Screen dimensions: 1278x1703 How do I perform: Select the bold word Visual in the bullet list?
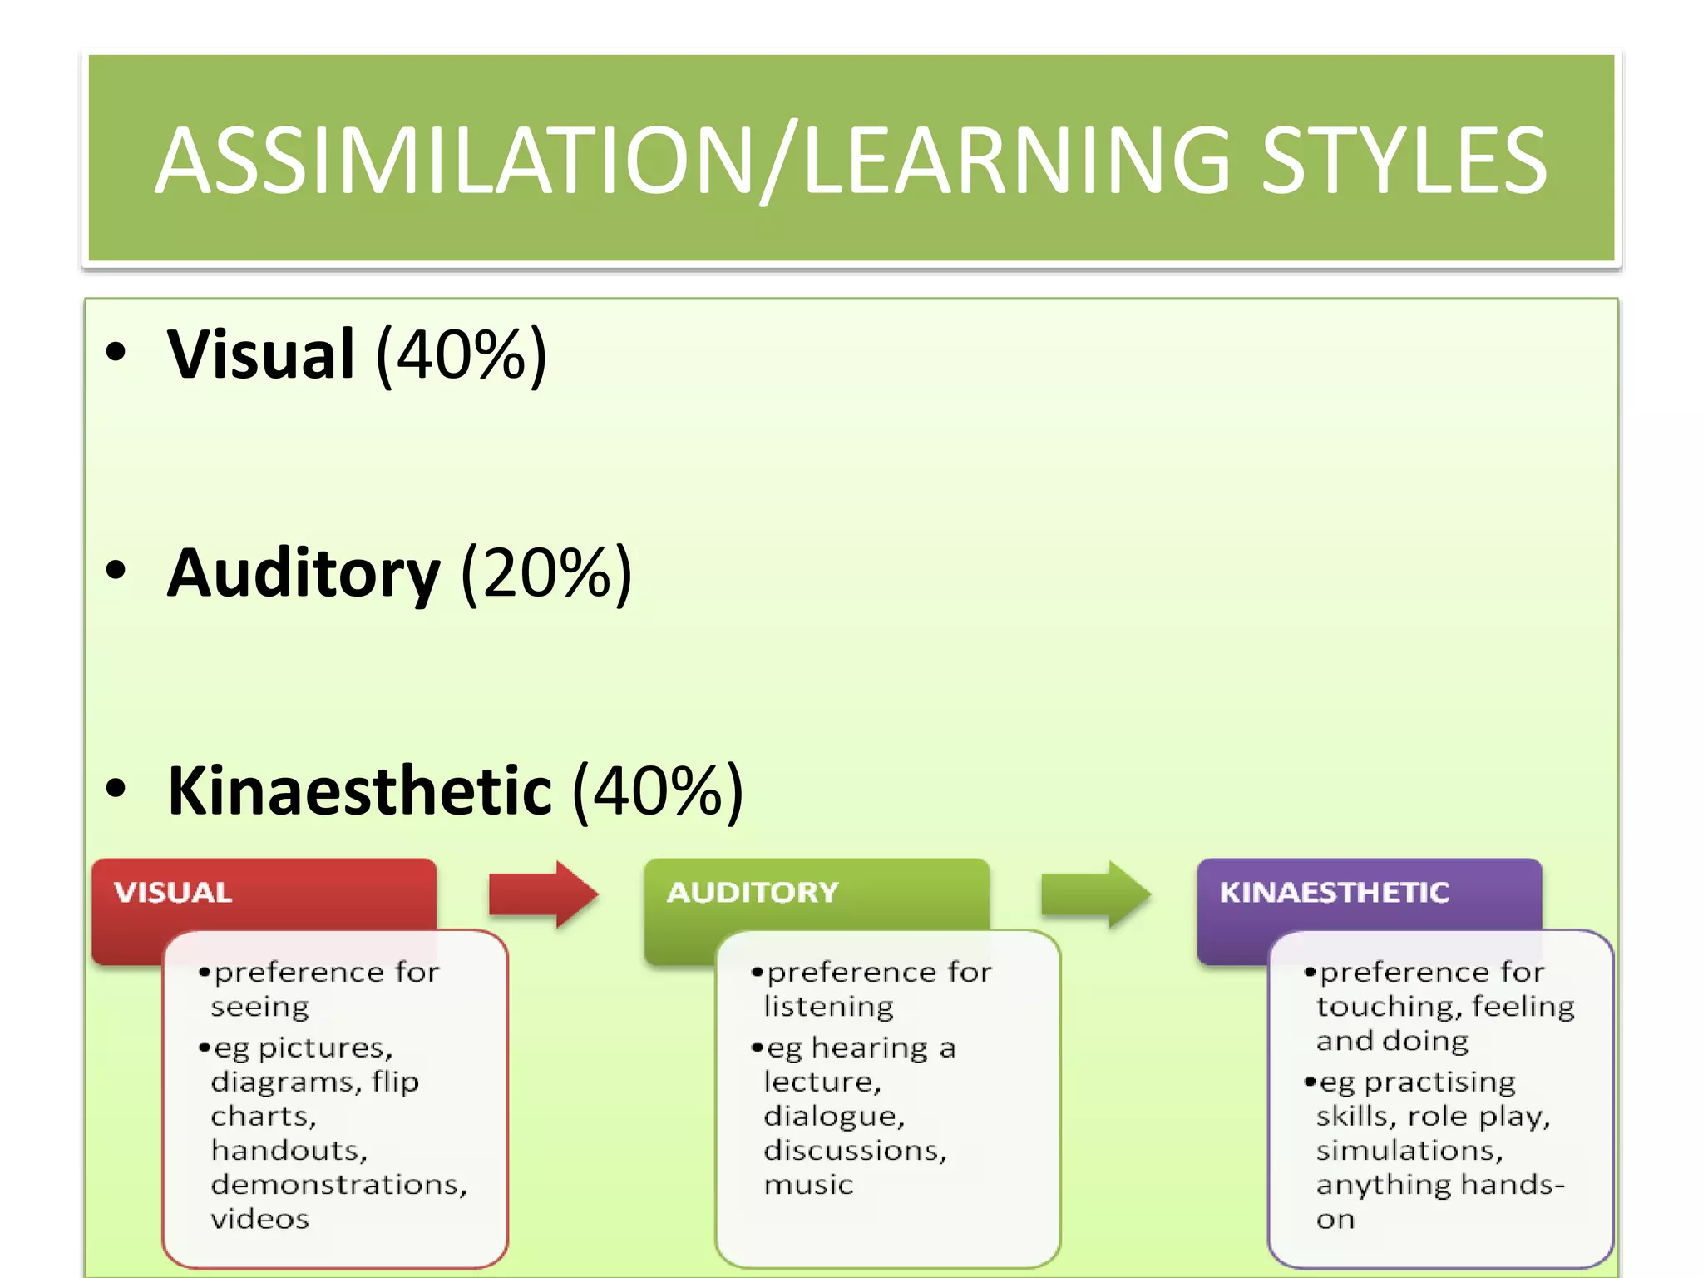click(x=261, y=354)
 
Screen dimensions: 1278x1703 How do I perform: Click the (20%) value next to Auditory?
click(x=546, y=573)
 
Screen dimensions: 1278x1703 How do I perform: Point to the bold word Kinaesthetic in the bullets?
click(x=359, y=791)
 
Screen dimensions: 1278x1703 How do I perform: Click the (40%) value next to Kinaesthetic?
click(x=658, y=791)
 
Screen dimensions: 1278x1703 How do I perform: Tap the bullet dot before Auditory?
click(x=116, y=572)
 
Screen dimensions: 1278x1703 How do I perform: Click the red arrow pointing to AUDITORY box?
click(x=542, y=894)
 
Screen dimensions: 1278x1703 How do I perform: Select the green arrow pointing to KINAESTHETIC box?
click(x=1095, y=894)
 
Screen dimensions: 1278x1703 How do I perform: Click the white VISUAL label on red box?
click(x=173, y=893)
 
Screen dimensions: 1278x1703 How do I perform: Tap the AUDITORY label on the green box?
click(x=753, y=893)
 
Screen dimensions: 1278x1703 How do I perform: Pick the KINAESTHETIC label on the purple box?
click(x=1334, y=893)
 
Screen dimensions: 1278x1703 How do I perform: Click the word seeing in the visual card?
click(x=259, y=1008)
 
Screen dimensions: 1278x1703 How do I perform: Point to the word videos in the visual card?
click(x=259, y=1220)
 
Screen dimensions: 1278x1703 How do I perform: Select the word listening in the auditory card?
click(x=828, y=1008)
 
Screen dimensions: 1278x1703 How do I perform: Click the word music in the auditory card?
click(x=808, y=1185)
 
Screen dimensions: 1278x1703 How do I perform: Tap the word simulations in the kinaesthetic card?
click(x=1409, y=1151)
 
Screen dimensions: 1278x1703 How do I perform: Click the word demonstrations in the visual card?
click(x=338, y=1185)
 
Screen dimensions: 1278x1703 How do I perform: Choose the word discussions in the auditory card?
click(x=855, y=1151)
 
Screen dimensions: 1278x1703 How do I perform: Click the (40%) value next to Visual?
click(x=462, y=354)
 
